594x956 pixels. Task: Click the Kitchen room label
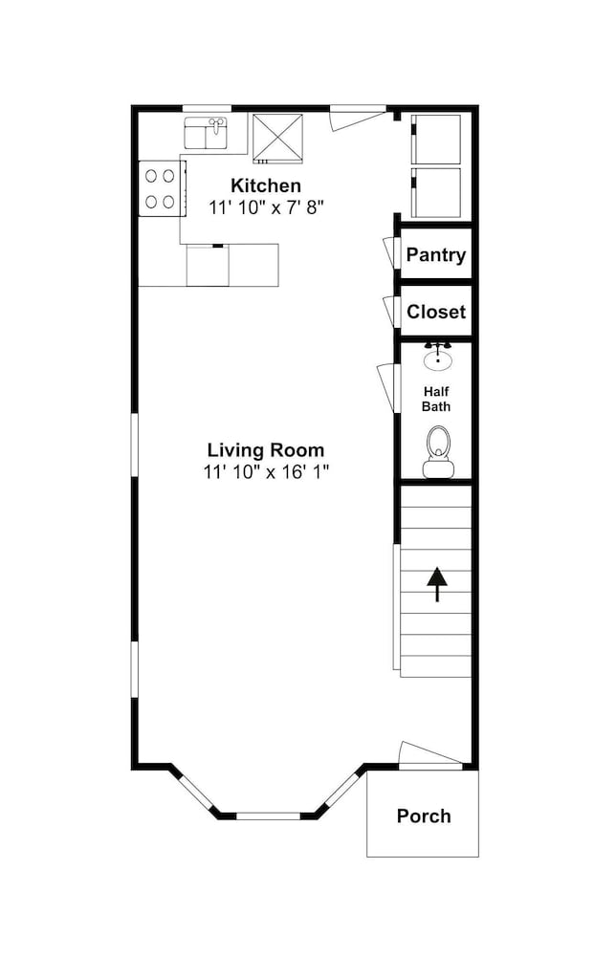coord(265,185)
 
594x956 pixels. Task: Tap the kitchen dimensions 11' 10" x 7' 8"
coord(265,207)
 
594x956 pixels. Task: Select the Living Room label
coord(266,450)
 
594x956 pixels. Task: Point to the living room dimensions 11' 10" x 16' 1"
coord(266,471)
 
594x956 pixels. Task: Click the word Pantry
coord(436,255)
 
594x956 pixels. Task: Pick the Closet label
coord(436,312)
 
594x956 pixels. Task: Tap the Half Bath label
coord(437,399)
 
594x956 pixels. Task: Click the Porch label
coord(424,815)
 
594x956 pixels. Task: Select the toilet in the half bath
coord(438,451)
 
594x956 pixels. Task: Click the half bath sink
coord(438,357)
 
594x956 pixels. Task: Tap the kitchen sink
coord(207,133)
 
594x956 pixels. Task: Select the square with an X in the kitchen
coord(278,139)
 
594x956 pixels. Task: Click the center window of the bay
coord(269,815)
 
